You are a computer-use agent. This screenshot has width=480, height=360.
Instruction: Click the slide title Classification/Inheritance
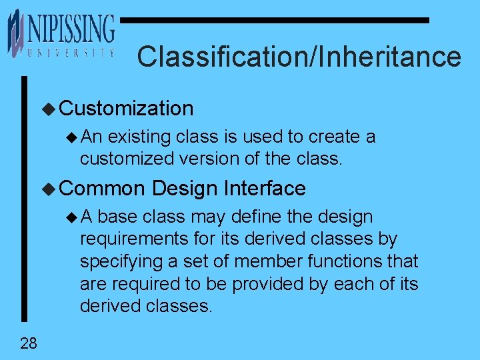(x=299, y=57)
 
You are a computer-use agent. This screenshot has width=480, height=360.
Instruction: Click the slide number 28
(x=29, y=343)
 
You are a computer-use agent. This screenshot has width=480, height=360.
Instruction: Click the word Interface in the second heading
(x=265, y=189)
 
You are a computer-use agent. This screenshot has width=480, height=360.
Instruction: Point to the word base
(x=119, y=217)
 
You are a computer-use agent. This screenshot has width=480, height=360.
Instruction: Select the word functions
(x=349, y=261)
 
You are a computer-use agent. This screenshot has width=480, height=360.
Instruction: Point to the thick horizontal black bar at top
(x=274, y=21)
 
